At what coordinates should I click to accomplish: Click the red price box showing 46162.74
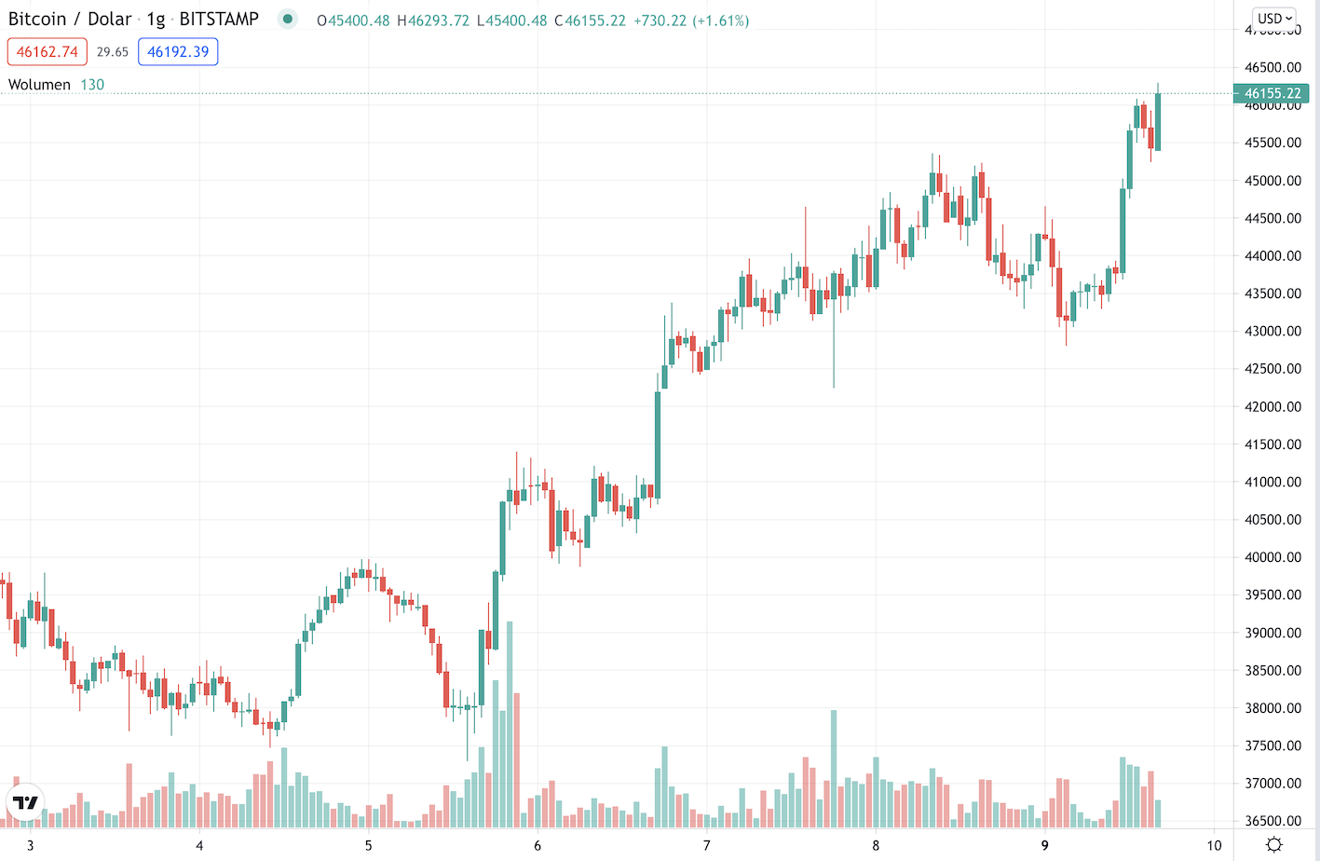point(48,52)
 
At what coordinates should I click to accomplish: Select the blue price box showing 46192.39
point(178,52)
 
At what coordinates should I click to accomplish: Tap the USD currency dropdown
point(1274,19)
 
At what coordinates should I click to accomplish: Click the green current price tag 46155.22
point(1272,93)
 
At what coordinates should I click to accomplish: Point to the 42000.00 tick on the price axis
point(1272,407)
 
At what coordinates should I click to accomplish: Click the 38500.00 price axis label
point(1272,671)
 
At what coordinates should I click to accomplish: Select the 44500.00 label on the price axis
point(1272,219)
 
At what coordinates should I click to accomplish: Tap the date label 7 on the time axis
point(706,846)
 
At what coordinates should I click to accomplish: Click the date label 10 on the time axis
point(1213,846)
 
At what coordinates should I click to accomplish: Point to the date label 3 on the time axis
point(31,846)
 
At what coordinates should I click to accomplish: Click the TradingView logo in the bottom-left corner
point(25,802)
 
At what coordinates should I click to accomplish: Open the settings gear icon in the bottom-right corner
point(1274,845)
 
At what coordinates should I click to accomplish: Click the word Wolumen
point(39,85)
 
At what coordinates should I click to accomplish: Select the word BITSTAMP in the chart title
point(219,20)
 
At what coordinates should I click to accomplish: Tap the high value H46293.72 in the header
point(433,20)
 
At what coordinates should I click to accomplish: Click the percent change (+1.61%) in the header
point(720,20)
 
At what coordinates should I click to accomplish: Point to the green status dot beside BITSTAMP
point(288,20)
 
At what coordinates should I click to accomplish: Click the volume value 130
point(92,85)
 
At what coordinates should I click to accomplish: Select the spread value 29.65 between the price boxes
point(113,52)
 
